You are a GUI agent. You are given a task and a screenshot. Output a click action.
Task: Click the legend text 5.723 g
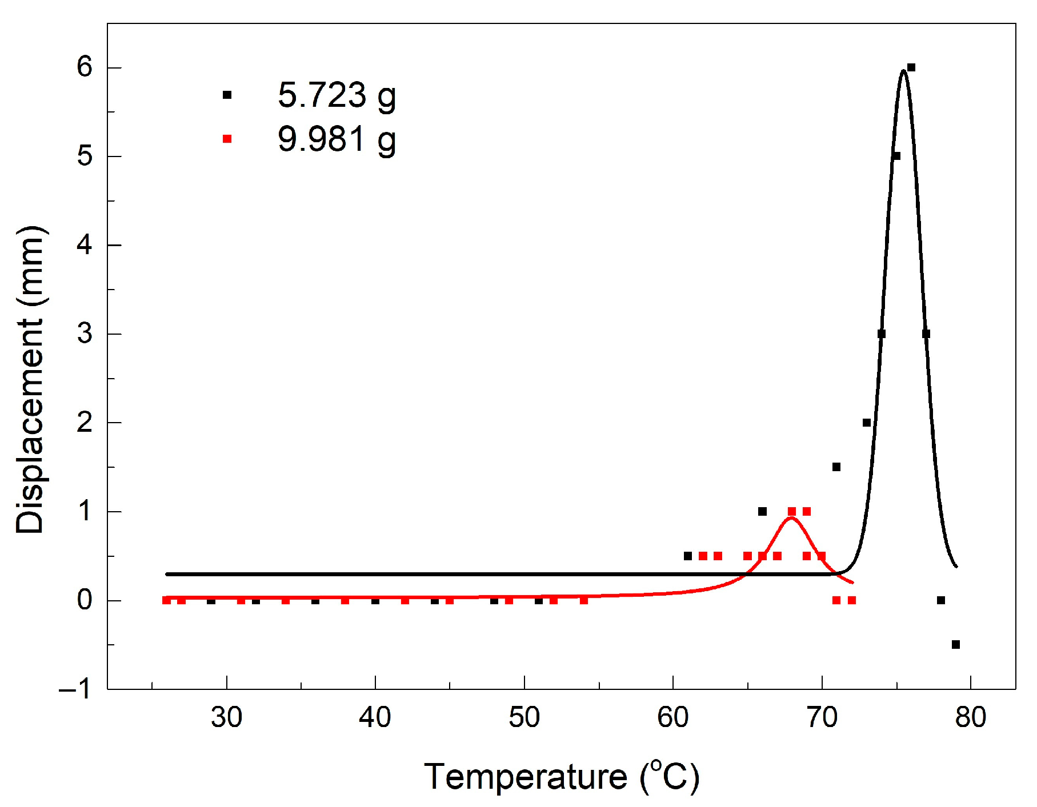[x=337, y=95]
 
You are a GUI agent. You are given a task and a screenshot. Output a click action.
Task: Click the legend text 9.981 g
[x=337, y=139]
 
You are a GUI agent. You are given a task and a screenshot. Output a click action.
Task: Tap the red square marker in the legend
[x=227, y=139]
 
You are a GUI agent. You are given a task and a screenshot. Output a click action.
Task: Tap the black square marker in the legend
[x=227, y=95]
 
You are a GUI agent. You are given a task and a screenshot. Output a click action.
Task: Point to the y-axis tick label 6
[x=85, y=67]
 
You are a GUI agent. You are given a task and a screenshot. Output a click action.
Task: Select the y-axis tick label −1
[x=75, y=689]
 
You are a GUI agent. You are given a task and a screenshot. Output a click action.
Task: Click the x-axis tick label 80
[x=970, y=718]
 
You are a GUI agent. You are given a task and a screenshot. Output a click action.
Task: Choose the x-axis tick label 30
[x=226, y=718]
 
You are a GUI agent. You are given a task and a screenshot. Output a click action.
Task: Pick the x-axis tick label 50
[x=524, y=718]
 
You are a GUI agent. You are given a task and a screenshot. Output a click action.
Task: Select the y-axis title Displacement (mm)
[x=30, y=380]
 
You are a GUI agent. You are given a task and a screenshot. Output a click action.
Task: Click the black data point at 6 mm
[x=911, y=67]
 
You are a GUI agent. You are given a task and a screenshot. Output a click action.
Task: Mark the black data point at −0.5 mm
[x=956, y=645]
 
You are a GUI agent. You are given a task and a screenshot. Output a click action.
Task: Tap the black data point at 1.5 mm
[x=836, y=467]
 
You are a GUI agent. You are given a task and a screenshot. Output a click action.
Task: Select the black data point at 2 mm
[x=867, y=423]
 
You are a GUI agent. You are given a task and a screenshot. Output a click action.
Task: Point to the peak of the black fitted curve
[x=903, y=71]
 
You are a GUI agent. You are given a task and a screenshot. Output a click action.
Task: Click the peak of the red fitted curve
[x=791, y=518]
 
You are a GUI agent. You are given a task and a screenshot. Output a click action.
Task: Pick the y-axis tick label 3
[x=85, y=334]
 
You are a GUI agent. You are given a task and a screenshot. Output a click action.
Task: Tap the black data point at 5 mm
[x=896, y=156]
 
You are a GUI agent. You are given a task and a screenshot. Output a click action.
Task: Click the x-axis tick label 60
[x=672, y=718]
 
